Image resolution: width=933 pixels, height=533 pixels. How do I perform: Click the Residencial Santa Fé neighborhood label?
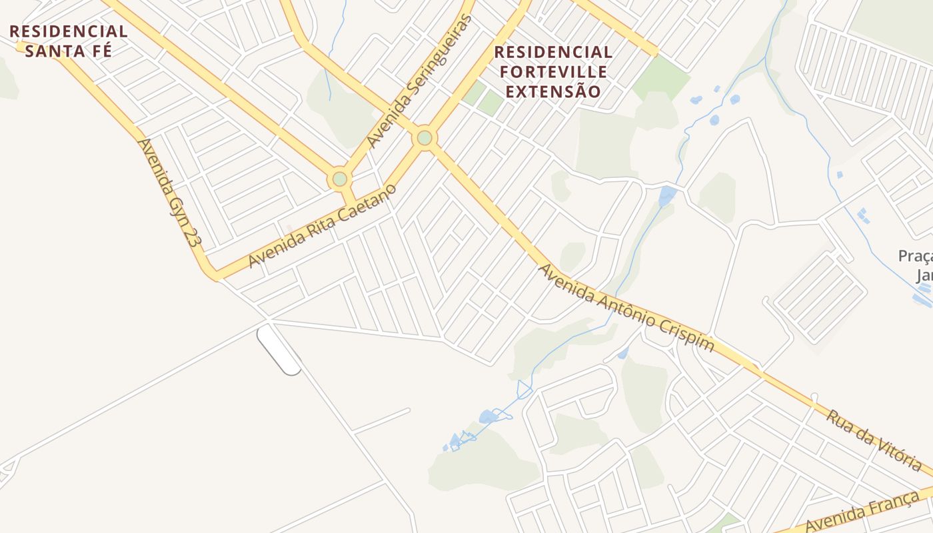tap(68, 41)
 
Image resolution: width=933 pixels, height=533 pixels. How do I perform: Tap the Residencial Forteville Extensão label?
tap(553, 71)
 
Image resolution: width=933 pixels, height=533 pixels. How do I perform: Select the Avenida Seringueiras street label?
tap(419, 82)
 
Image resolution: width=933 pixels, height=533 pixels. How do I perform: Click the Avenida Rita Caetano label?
tap(322, 226)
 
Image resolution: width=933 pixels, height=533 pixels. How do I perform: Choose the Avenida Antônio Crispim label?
tap(626, 308)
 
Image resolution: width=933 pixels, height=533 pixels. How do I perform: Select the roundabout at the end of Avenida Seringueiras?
tap(340, 179)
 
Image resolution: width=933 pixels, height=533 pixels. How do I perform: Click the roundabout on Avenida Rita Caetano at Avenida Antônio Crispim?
tap(425, 139)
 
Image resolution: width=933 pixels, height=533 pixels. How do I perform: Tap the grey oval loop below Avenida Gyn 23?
tap(279, 349)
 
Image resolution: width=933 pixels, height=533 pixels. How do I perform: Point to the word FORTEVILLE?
tap(553, 71)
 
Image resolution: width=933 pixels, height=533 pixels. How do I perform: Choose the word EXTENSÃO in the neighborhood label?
tap(553, 91)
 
